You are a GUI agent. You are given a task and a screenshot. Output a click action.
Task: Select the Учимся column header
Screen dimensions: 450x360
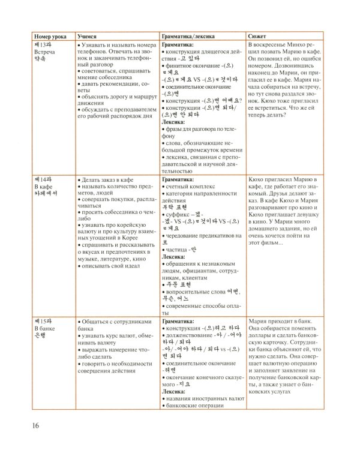coord(89,36)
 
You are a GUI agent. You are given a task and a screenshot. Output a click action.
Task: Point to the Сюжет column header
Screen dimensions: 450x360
coord(258,36)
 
